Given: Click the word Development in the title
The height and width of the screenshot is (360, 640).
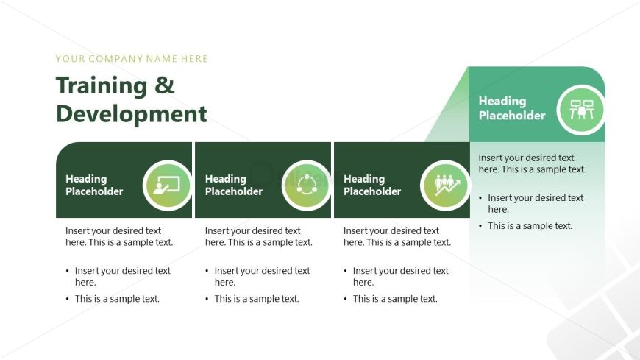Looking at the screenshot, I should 131,114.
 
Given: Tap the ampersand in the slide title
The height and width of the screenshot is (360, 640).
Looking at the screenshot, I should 165,86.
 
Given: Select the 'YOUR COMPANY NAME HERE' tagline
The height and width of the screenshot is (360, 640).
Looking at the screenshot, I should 132,59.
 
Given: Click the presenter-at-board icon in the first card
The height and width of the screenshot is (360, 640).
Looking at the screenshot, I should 167,185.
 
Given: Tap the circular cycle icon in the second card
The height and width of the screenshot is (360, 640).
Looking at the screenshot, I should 306,185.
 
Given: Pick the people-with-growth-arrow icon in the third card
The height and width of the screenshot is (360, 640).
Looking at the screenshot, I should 445,185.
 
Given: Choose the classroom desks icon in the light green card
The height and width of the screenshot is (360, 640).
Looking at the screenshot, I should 580,110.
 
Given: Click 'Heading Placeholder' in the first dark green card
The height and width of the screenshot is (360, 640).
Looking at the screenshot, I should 94,185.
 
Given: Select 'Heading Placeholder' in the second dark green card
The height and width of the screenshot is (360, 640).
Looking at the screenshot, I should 233,185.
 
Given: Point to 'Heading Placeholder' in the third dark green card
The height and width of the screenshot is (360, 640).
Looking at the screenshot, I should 372,185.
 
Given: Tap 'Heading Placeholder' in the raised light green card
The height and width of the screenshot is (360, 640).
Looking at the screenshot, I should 512,108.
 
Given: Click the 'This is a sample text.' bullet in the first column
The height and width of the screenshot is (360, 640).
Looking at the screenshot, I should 117,299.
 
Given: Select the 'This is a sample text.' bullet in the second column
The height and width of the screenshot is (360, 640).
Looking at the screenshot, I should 257,299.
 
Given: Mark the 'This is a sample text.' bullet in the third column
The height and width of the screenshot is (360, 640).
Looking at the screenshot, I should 395,299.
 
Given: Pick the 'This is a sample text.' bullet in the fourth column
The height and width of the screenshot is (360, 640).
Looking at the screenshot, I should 530,226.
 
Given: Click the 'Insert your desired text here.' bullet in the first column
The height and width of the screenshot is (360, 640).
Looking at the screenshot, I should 122,276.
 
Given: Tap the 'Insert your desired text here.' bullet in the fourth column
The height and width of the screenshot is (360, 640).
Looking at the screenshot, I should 535,203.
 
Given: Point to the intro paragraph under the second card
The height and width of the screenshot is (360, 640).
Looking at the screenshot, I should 258,236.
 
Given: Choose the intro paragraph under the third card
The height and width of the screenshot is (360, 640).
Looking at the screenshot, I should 397,236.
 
